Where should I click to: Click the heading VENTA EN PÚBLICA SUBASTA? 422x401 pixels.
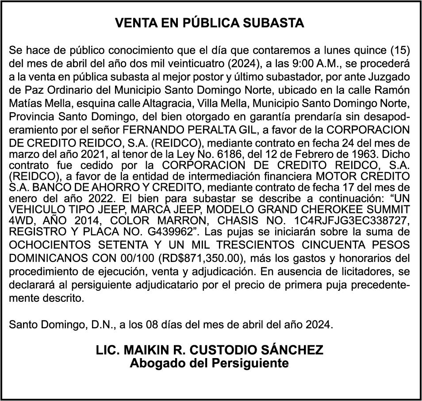pyautogui.click(x=209, y=23)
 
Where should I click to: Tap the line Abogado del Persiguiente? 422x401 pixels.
pyautogui.click(x=209, y=363)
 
